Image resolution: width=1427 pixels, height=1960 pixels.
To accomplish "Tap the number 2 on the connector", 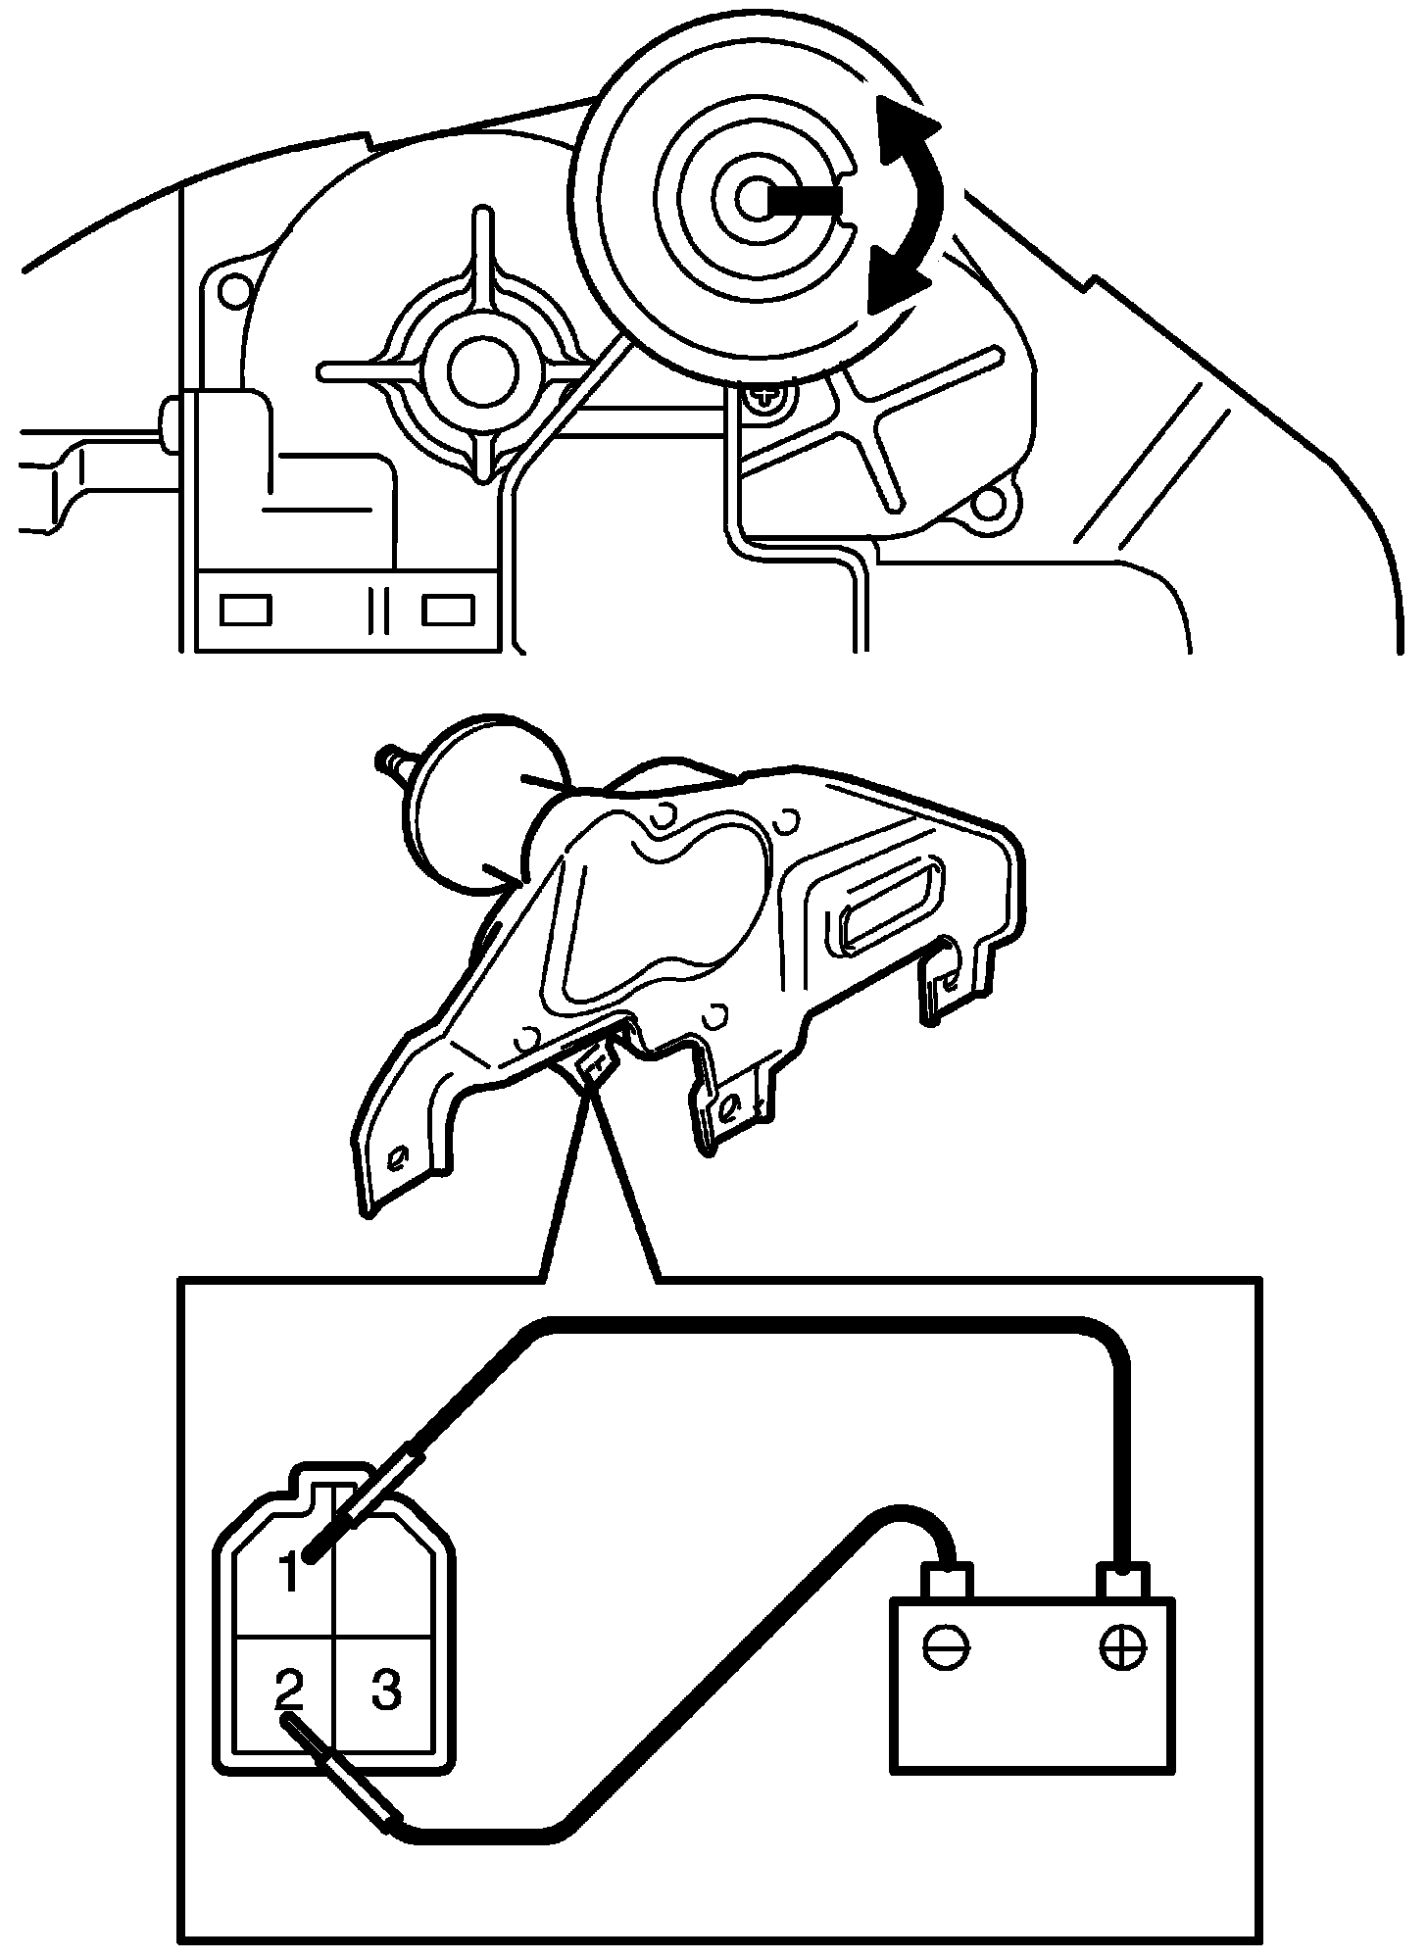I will pos(289,1688).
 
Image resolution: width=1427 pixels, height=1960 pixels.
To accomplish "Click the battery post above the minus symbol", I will pos(946,1579).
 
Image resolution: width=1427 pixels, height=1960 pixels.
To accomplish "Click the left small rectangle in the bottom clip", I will pos(239,610).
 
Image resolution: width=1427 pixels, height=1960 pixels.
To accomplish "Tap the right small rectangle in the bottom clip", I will pos(448,610).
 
